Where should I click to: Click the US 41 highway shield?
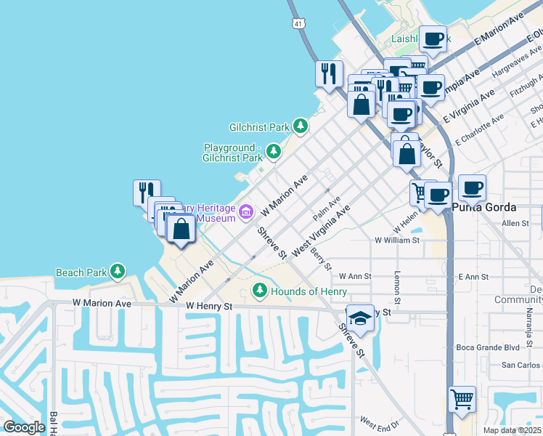tap(298, 24)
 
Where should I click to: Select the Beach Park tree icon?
tap(118, 272)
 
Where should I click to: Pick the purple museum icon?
tap(246, 212)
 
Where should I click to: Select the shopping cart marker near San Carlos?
tap(462, 399)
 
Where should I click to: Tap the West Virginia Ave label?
tap(320, 230)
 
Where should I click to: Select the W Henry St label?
tap(208, 307)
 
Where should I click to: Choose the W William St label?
tap(397, 240)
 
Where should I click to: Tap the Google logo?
tap(24, 427)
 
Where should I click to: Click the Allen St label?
tap(515, 224)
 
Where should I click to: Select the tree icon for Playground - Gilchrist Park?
tap(273, 151)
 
